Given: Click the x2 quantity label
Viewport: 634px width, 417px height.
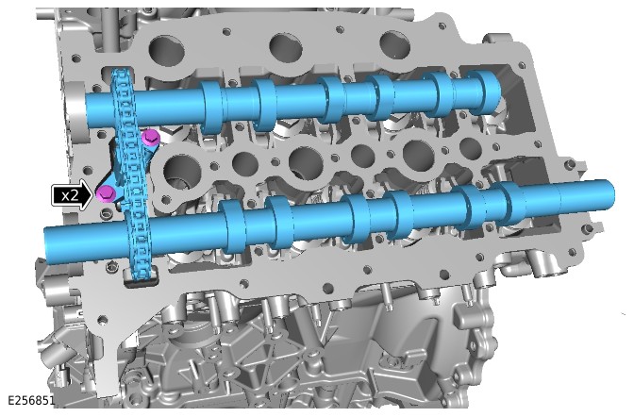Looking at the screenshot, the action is click(70, 196).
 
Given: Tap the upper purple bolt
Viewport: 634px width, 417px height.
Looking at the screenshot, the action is click(150, 138).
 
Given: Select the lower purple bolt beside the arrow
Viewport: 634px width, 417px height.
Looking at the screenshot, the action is click(107, 194).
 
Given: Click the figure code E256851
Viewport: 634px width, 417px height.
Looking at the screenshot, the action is click(31, 400).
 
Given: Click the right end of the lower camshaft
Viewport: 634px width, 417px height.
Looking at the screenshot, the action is click(611, 193).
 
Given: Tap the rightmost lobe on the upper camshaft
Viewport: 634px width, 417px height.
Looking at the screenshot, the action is click(486, 92).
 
